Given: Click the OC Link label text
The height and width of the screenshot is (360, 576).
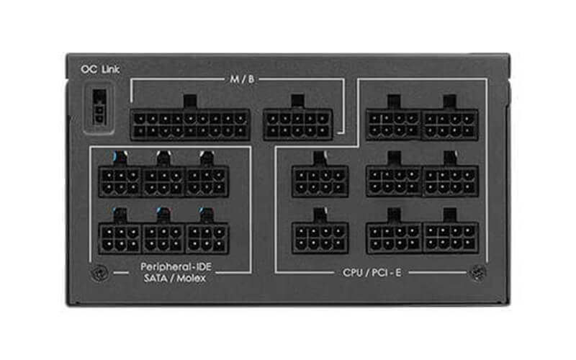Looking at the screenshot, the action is [x=100, y=69].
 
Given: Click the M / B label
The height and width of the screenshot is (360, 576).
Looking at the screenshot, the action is [x=242, y=79].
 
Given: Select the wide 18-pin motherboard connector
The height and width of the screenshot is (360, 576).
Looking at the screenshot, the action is [x=190, y=125].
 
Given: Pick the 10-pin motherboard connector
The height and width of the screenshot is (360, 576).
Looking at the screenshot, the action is [x=298, y=125].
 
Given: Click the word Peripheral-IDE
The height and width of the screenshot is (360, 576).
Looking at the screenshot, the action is [x=176, y=266].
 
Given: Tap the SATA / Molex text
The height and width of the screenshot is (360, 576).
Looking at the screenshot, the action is [x=174, y=278].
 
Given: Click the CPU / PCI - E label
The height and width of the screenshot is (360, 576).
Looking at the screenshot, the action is [x=372, y=273].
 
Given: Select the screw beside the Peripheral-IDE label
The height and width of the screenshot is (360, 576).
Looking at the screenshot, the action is [x=99, y=273].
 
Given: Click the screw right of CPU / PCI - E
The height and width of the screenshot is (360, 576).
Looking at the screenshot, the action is [x=479, y=273].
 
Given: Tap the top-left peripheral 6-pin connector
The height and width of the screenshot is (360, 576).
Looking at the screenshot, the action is [x=120, y=182].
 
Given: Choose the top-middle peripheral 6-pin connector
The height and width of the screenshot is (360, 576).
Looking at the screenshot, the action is [x=163, y=182].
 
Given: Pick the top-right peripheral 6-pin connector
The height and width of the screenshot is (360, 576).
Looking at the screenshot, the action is [x=207, y=182].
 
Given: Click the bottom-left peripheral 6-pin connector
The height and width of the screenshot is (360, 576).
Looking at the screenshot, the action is [x=120, y=238].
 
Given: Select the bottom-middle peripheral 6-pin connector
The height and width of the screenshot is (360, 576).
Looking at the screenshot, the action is [x=163, y=238].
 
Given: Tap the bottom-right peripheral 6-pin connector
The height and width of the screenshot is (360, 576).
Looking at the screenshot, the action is [x=207, y=238].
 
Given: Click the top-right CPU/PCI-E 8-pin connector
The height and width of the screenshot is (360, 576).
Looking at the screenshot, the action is [x=450, y=125].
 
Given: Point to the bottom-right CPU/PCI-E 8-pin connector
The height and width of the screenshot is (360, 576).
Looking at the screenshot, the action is [x=450, y=238].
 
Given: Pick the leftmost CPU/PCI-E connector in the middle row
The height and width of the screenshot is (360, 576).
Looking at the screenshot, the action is [x=320, y=181].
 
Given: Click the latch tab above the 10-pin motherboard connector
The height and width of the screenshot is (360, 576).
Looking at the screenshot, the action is [x=297, y=102].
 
